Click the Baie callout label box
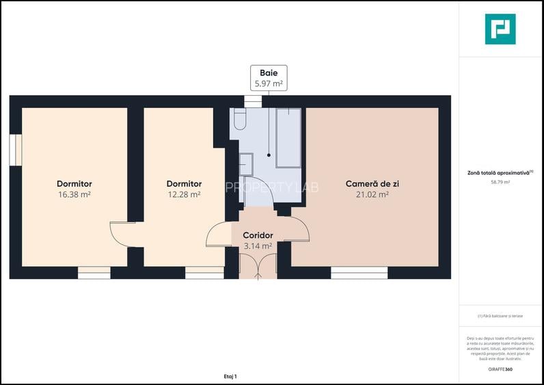(x=269, y=77)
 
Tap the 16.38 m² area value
(x=74, y=194)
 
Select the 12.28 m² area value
(x=184, y=194)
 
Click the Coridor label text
(x=258, y=235)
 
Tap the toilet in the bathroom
(x=239, y=120)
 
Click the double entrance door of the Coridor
(x=258, y=266)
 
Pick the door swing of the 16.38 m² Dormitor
(x=122, y=233)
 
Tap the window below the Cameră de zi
(x=359, y=273)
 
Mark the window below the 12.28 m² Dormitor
(x=204, y=273)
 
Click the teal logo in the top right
(x=500, y=29)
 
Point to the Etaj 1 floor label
(x=230, y=376)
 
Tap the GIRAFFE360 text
(x=500, y=370)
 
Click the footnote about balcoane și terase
(x=500, y=315)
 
